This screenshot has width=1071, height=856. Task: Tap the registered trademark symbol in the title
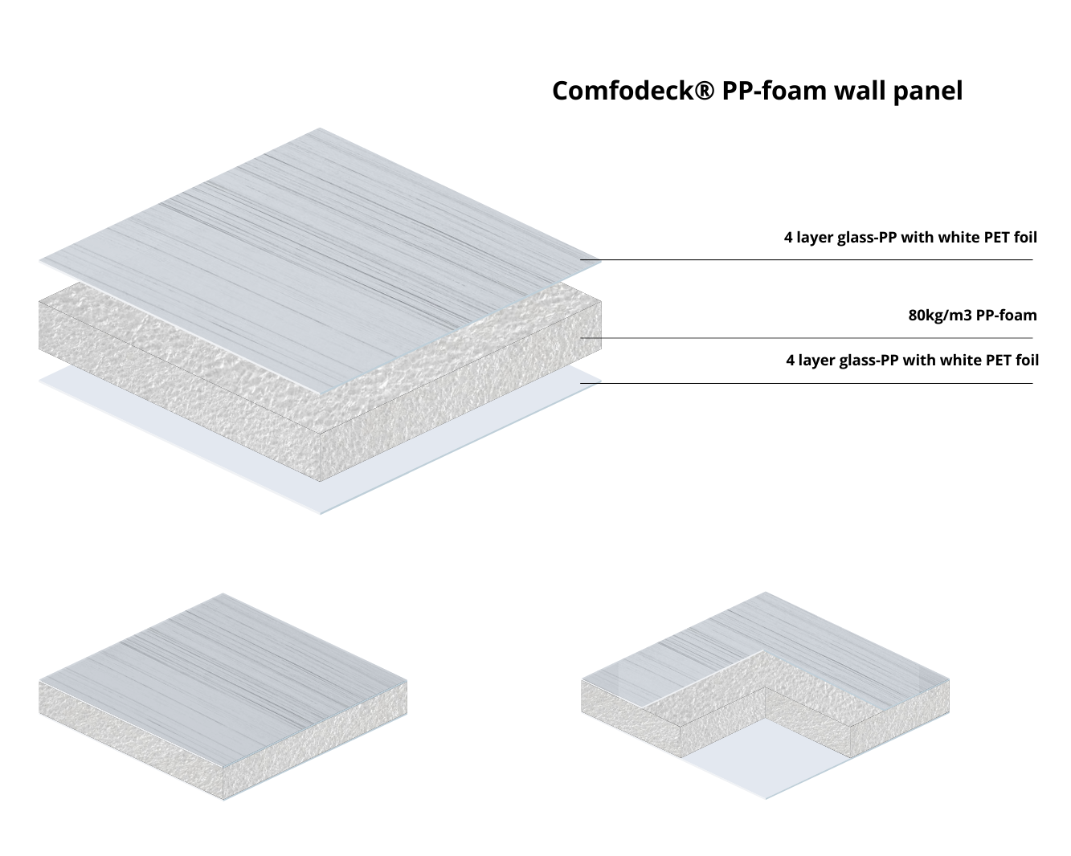[x=704, y=90]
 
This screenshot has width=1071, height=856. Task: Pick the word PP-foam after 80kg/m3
[x=1006, y=316]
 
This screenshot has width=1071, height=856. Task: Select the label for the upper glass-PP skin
[x=910, y=238]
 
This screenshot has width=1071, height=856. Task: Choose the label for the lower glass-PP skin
[x=912, y=361]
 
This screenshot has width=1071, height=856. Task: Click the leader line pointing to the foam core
[x=803, y=338]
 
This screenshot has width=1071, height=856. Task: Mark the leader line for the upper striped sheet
[x=803, y=259]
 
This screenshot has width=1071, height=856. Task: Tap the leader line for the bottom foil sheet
[x=803, y=383]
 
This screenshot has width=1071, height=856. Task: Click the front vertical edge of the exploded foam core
[x=321, y=455]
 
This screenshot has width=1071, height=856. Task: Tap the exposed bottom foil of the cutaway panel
[x=767, y=755]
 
